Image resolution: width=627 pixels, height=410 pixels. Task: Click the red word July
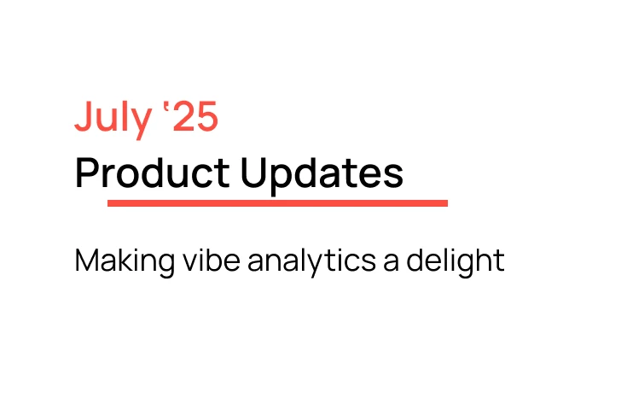112,118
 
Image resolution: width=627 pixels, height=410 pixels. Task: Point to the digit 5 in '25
206,118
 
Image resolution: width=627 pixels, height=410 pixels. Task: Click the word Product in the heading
152,173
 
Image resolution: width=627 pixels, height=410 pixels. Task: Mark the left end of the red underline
110,203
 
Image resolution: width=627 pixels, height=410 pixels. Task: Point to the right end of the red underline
445,203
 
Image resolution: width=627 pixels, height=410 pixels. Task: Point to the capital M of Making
86,261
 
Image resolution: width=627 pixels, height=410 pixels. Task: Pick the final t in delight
500,261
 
